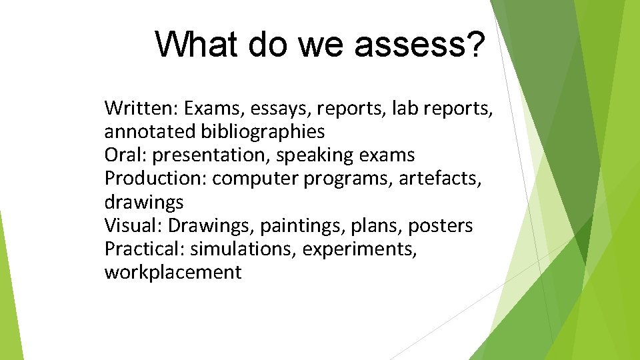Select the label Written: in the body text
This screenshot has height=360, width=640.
click(x=141, y=108)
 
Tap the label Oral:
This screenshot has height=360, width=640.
click(x=126, y=155)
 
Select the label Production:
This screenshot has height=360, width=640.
click(x=156, y=179)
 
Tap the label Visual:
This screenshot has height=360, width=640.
click(x=133, y=226)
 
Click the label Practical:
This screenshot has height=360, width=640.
click(x=145, y=249)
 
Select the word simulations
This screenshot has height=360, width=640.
click(x=243, y=249)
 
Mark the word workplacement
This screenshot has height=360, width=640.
click(x=173, y=273)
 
